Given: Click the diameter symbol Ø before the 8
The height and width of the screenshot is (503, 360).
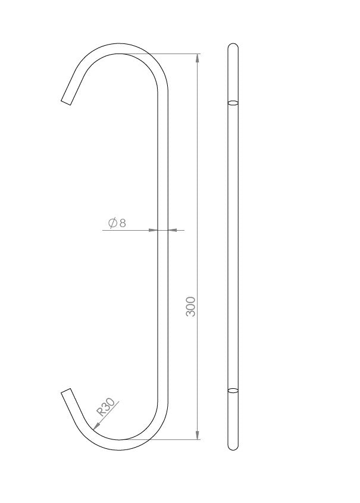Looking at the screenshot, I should point(112,223).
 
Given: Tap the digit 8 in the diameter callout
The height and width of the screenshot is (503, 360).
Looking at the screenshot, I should point(123,223).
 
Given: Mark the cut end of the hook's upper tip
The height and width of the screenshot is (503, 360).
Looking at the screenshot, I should point(67,100).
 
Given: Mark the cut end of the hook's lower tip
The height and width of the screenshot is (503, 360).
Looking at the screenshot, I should point(67,393).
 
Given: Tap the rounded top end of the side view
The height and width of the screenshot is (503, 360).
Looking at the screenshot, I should point(233,45).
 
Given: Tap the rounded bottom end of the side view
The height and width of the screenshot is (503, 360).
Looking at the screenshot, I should point(233,448).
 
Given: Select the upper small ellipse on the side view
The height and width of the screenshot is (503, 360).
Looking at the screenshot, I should point(233,103).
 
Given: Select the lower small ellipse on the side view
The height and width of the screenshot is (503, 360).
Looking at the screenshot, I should point(233,391).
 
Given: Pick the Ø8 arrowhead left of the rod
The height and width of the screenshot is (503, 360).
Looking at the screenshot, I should point(154,230).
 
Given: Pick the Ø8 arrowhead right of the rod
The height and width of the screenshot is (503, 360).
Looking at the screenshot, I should point(173,230).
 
